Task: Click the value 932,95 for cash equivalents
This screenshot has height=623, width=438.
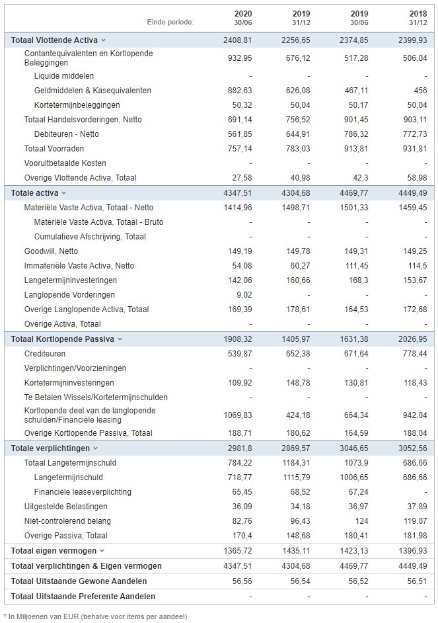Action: click(x=240, y=58)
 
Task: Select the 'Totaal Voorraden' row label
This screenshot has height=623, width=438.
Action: click(x=54, y=149)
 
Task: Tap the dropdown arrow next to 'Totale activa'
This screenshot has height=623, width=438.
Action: click(x=63, y=193)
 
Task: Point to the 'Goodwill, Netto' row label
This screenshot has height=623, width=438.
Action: click(x=51, y=251)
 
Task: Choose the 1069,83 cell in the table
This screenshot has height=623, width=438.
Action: click(x=238, y=415)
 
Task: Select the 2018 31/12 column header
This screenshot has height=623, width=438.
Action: click(x=418, y=19)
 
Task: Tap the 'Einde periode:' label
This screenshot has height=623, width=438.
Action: click(x=170, y=22)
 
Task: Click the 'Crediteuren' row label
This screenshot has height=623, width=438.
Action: click(x=45, y=354)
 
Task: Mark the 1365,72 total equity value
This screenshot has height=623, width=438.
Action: click(x=238, y=551)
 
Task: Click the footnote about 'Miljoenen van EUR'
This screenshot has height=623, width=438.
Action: click(x=96, y=616)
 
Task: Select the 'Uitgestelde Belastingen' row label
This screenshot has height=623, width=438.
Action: click(x=66, y=507)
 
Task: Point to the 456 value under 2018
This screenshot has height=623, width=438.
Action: click(x=420, y=91)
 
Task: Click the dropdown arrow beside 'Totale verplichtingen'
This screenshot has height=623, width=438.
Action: click(x=95, y=448)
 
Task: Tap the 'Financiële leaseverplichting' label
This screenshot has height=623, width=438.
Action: click(x=83, y=492)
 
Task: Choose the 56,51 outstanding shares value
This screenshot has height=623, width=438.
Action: click(x=417, y=581)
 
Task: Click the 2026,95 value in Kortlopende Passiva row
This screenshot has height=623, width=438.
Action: click(x=413, y=339)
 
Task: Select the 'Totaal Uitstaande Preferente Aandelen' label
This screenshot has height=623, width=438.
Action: click(x=83, y=597)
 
